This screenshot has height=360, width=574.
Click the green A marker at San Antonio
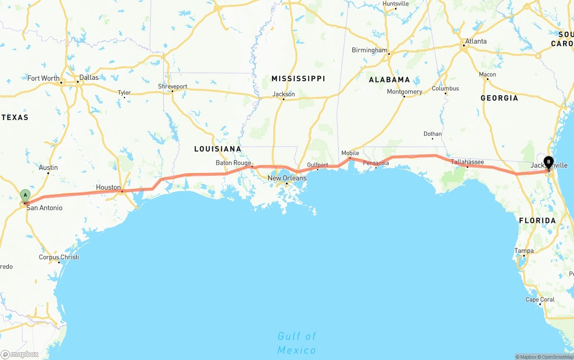[26, 195]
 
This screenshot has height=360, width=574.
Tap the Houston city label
[108, 187]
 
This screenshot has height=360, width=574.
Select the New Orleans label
[287, 178]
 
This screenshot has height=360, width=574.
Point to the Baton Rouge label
[233, 163]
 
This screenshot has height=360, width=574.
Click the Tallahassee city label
[467, 162]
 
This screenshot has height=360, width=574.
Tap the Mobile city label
[350, 153]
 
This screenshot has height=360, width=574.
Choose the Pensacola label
[376, 163]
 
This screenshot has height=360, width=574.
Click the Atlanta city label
[476, 41]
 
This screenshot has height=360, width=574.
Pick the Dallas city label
[89, 78]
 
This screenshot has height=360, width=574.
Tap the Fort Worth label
[43, 78]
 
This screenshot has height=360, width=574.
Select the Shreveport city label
[173, 87]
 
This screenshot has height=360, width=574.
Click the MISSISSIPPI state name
[298, 78]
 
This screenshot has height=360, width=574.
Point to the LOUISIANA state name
[217, 149]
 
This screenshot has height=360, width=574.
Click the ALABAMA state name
[389, 80]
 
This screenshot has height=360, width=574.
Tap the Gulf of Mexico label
[296, 343]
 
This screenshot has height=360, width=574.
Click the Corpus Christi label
[59, 257]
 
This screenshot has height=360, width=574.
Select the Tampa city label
[524, 251]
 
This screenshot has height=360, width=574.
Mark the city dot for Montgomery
[404, 96]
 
